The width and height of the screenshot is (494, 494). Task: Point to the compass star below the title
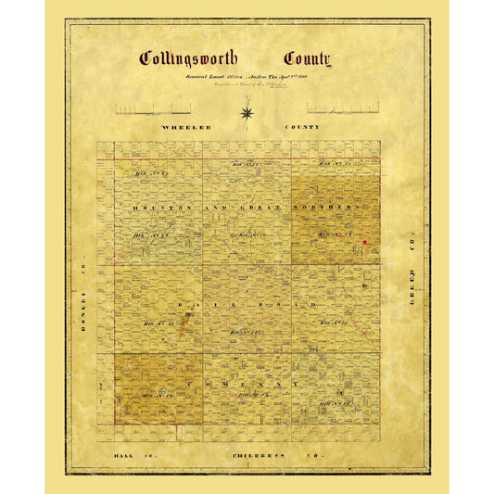247,113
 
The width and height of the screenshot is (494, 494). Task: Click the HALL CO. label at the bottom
128,458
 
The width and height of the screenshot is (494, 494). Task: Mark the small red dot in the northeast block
364,241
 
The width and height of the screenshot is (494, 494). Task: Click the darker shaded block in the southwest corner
158,387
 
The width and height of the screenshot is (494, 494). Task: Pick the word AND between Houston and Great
222,207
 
